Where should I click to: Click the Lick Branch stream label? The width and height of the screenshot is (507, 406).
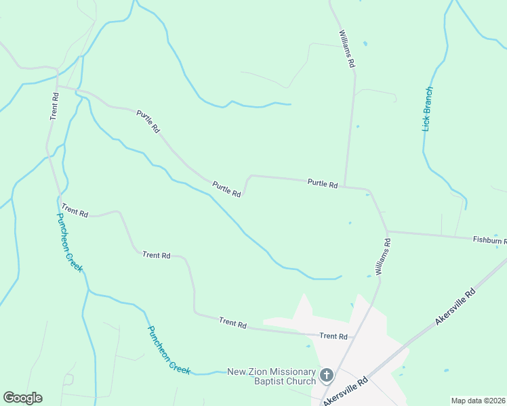pos(427,109)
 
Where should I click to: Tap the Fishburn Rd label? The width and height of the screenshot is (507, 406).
pos(489,240)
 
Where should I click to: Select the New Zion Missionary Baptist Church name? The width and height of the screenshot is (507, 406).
pos(271,376)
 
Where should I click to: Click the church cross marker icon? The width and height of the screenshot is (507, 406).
pos(327,375)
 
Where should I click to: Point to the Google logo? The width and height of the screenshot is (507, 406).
pos(22,398)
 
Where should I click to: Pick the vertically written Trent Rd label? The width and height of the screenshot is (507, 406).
pos(55,106)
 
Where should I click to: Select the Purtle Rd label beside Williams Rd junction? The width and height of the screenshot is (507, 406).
pos(322,183)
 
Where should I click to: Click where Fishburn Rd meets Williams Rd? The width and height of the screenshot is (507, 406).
pos(387,231)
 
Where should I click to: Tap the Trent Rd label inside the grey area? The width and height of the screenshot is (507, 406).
pos(333,336)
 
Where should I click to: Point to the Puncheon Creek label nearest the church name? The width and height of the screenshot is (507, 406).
pos(169,349)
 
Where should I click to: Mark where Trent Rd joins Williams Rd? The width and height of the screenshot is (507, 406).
pos(354,336)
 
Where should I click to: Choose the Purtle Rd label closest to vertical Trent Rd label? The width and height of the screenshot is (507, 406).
pos(148,121)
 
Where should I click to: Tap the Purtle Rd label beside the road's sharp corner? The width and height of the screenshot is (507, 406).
pos(226,189)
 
